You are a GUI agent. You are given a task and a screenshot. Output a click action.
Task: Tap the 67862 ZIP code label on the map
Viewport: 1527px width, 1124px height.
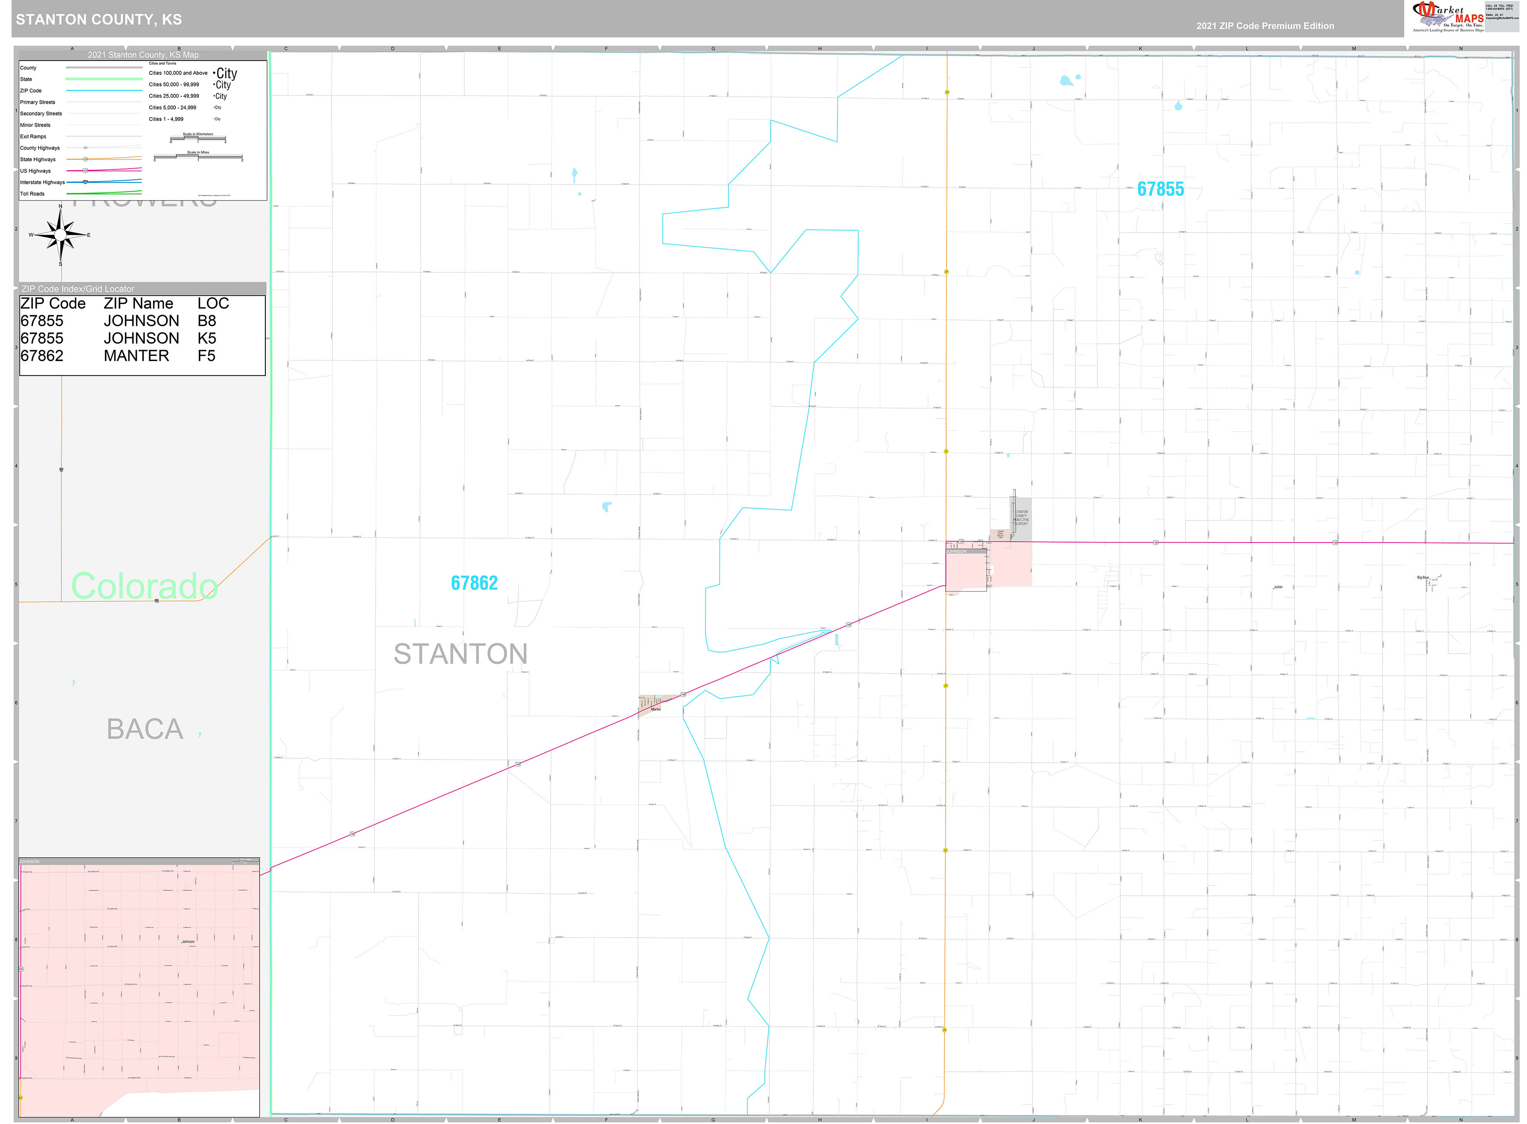[x=474, y=583]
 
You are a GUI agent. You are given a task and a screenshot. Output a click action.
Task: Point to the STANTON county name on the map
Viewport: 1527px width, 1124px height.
[x=460, y=654]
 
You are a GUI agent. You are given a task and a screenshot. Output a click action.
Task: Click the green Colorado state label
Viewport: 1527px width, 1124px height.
[x=144, y=586]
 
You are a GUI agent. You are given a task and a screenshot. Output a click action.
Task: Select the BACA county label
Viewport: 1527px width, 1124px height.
[x=145, y=729]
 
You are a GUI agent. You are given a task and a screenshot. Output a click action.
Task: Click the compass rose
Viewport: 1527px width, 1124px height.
[x=61, y=235]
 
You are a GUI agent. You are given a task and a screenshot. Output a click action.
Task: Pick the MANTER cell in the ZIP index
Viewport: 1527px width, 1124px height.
[x=136, y=356]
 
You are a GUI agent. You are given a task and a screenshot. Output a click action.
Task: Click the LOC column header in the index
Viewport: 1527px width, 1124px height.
[x=213, y=303]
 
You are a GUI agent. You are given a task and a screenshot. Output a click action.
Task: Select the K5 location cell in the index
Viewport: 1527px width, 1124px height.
[x=207, y=338]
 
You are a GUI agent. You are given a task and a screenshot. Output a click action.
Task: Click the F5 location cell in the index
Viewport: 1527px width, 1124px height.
[x=206, y=356]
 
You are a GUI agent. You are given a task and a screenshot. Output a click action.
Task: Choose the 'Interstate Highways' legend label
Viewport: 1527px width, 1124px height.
[x=42, y=182]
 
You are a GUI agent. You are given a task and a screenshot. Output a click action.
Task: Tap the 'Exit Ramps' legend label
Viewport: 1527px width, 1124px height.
[x=33, y=137]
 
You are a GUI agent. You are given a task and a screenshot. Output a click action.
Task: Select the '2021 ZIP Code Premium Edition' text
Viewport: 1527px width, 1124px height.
[x=1265, y=26]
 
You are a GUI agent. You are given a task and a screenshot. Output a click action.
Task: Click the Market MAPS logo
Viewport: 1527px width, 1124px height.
[x=1447, y=17]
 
